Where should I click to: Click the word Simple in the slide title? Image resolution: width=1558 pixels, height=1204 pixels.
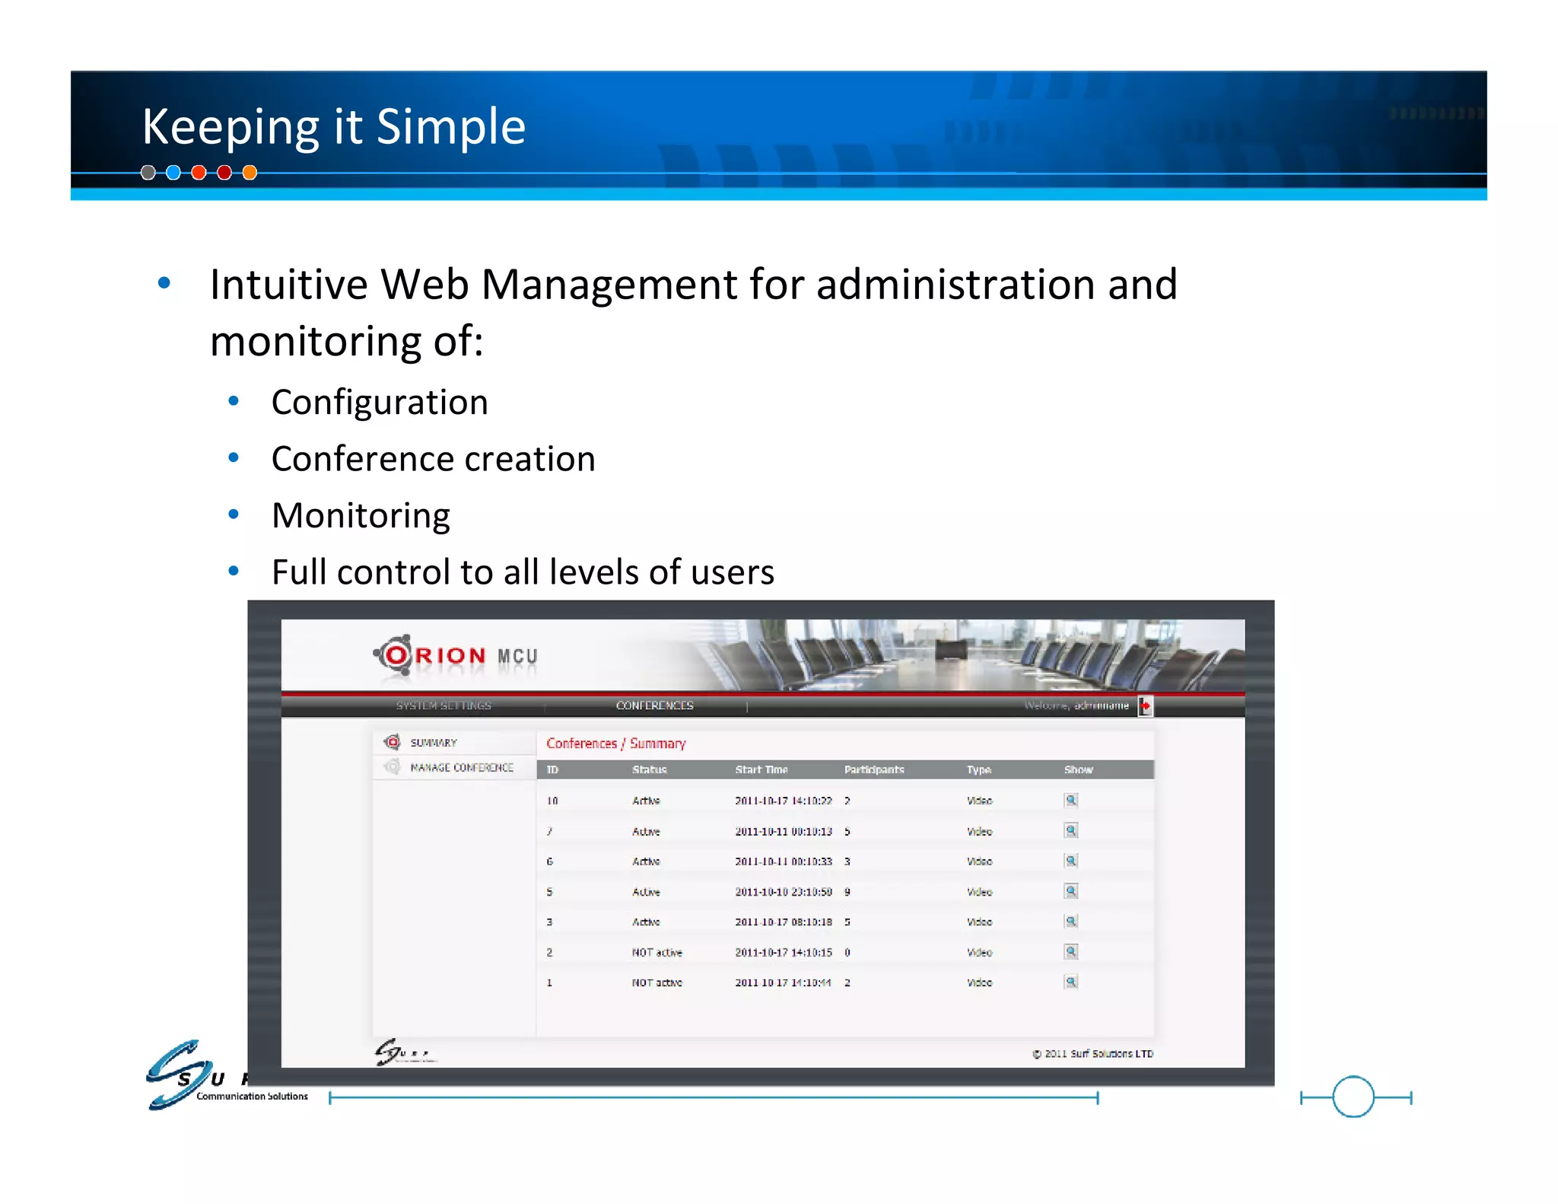pos(450,126)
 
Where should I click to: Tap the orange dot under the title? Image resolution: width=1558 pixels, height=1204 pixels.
pos(250,173)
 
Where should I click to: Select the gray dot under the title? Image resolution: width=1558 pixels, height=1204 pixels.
pos(148,173)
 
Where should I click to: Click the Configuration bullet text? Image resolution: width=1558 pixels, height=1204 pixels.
pos(380,402)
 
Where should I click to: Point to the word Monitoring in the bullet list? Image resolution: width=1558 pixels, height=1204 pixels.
pos(361,515)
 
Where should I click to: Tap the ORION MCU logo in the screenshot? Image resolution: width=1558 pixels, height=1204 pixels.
pos(455,655)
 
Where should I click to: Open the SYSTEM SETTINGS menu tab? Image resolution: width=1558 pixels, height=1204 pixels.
pos(444,706)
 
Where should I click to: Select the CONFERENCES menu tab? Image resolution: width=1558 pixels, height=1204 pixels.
pos(654,706)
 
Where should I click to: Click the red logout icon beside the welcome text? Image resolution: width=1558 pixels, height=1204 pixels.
pos(1145,706)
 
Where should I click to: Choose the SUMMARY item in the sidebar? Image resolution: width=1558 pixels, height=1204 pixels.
pos(434,742)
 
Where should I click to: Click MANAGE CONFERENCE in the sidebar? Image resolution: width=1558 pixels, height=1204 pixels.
pos(461,767)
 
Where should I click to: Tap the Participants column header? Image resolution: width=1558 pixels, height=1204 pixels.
pos(874,769)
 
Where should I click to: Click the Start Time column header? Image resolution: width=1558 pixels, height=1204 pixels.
pos(761,769)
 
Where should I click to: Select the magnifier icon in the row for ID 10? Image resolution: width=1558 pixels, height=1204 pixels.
pos(1070,800)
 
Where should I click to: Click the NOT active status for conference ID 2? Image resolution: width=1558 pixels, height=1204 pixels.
pos(657,952)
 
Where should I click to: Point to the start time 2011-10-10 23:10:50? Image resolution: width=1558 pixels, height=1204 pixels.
pos(783,891)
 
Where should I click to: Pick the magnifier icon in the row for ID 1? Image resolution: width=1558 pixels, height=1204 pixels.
pos(1070,982)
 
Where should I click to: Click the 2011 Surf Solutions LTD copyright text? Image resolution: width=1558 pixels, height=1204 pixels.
pos(1092,1053)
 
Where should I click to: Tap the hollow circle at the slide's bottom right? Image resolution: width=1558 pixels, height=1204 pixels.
pos(1353,1097)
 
